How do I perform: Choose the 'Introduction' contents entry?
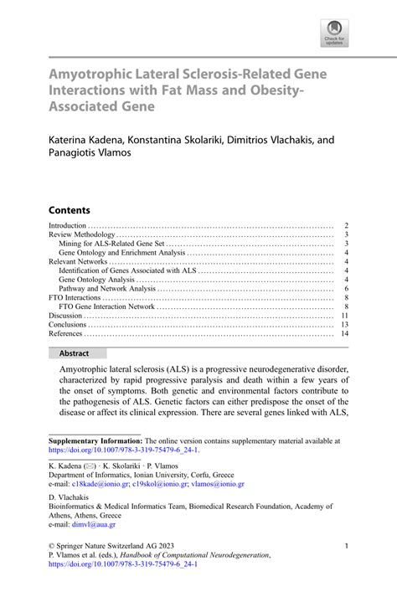68,226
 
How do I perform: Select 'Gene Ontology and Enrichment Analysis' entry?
122,252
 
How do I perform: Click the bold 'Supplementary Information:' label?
96,440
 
